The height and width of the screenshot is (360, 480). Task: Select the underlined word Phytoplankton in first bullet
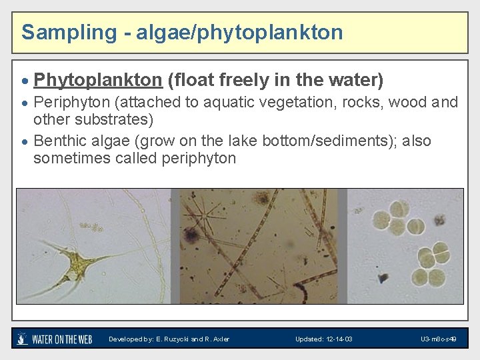point(98,81)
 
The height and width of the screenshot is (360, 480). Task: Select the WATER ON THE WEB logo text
point(62,339)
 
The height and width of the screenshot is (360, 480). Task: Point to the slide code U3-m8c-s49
point(438,339)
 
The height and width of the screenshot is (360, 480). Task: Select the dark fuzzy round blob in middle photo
point(191,235)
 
